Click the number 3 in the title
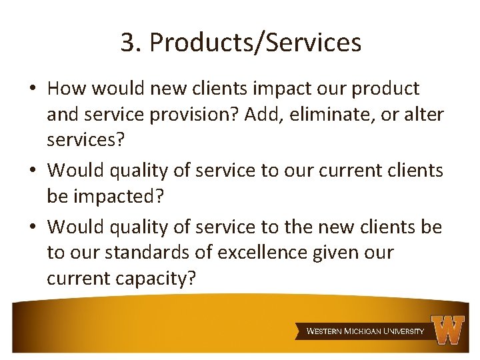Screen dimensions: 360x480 coord(127,43)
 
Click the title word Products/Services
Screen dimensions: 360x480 coord(255,43)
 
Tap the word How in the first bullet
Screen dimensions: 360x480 coord(66,88)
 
